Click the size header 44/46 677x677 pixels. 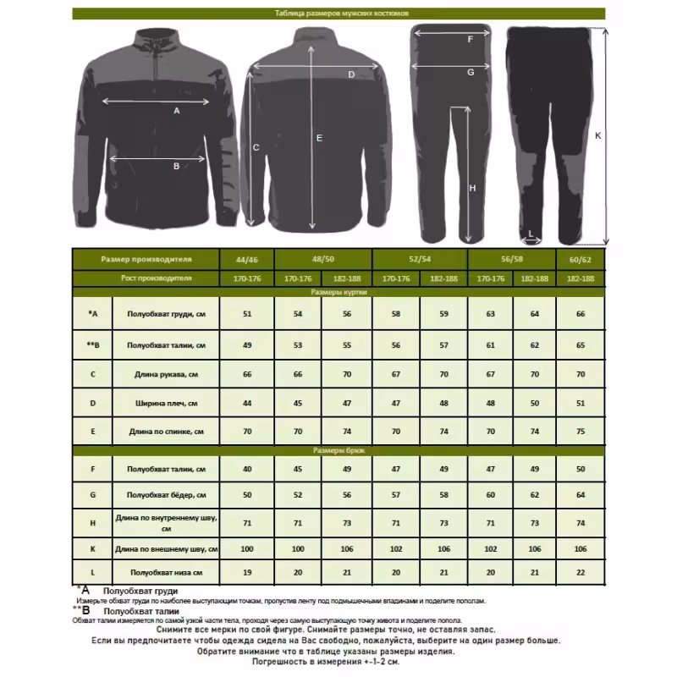point(247,259)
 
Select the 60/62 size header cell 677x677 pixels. point(581,259)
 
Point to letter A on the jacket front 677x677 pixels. point(177,111)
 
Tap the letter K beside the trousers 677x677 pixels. point(598,135)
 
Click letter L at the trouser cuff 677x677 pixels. point(531,232)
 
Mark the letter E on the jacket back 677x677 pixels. point(319,137)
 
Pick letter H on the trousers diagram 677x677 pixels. point(472,188)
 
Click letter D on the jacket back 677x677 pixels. point(351,74)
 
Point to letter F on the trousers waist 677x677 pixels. point(471,39)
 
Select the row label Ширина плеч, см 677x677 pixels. point(165,402)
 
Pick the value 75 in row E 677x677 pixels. point(581,432)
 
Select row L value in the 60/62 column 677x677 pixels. point(581,573)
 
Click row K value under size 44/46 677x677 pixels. point(247,549)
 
